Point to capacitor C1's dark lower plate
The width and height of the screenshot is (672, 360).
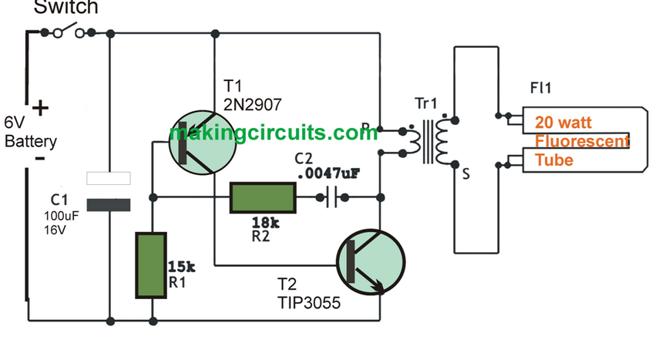tap(108, 204)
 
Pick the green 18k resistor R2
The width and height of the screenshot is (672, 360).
tap(263, 197)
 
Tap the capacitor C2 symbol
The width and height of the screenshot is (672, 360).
tap(331, 197)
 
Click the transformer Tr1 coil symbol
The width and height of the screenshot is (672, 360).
tap(432, 141)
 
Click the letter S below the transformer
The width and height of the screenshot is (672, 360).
tap(465, 175)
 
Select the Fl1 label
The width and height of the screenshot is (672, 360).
tap(540, 89)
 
